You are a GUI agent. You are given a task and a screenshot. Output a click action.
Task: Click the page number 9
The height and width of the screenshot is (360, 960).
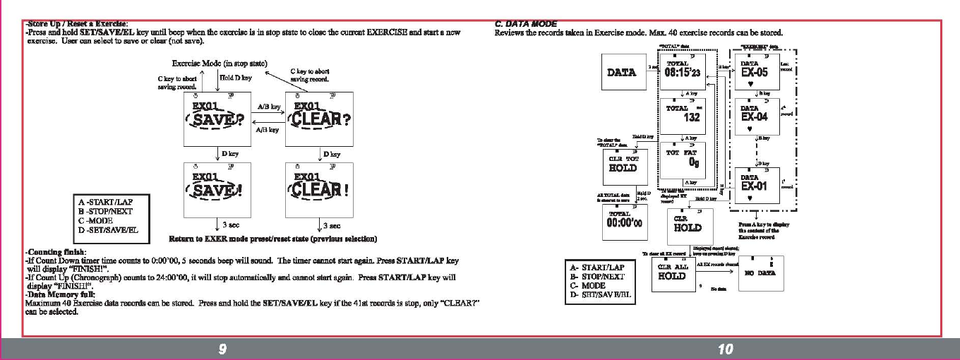(x=222, y=349)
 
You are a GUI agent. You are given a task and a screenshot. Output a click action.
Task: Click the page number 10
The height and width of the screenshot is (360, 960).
(x=724, y=349)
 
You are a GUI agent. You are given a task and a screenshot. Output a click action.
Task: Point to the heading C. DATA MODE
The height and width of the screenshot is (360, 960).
(x=526, y=24)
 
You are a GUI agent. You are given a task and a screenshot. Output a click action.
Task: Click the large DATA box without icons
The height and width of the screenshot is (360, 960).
(x=621, y=73)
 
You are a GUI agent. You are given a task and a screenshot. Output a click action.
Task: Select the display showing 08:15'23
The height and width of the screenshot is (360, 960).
(x=682, y=72)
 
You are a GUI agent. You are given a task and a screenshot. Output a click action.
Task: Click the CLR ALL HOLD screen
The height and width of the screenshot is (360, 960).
(x=673, y=272)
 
